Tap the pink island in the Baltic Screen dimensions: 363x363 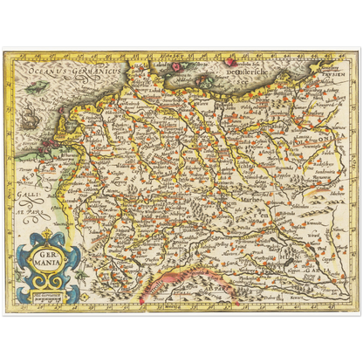point(232,62)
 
